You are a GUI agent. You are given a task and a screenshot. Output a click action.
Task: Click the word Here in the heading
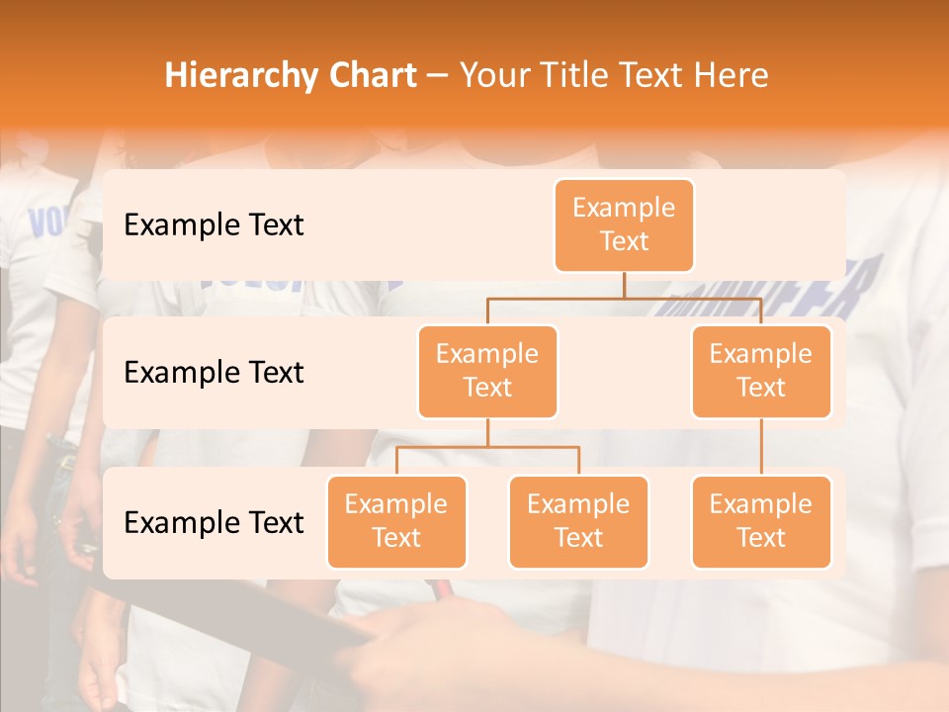[733, 76]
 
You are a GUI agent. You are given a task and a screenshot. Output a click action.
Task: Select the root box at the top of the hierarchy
[624, 225]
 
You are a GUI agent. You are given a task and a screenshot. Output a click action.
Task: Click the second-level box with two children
[487, 372]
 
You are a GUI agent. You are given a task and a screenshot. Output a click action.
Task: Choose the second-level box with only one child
[761, 372]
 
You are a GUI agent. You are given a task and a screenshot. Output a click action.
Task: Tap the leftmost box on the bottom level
[396, 522]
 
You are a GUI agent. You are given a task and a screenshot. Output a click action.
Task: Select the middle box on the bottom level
[578, 522]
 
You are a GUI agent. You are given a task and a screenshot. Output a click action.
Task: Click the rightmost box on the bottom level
[761, 522]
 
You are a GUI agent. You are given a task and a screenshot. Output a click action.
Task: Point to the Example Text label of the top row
[214, 225]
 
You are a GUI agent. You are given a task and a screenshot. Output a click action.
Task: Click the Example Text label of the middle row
[214, 373]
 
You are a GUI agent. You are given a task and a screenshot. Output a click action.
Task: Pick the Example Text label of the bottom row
[214, 523]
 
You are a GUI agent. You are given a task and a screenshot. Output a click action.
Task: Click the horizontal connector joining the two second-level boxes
[624, 298]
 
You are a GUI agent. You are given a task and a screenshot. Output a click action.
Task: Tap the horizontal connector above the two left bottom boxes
[487, 447]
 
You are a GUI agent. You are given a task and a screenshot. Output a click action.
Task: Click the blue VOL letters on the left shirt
[43, 223]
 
